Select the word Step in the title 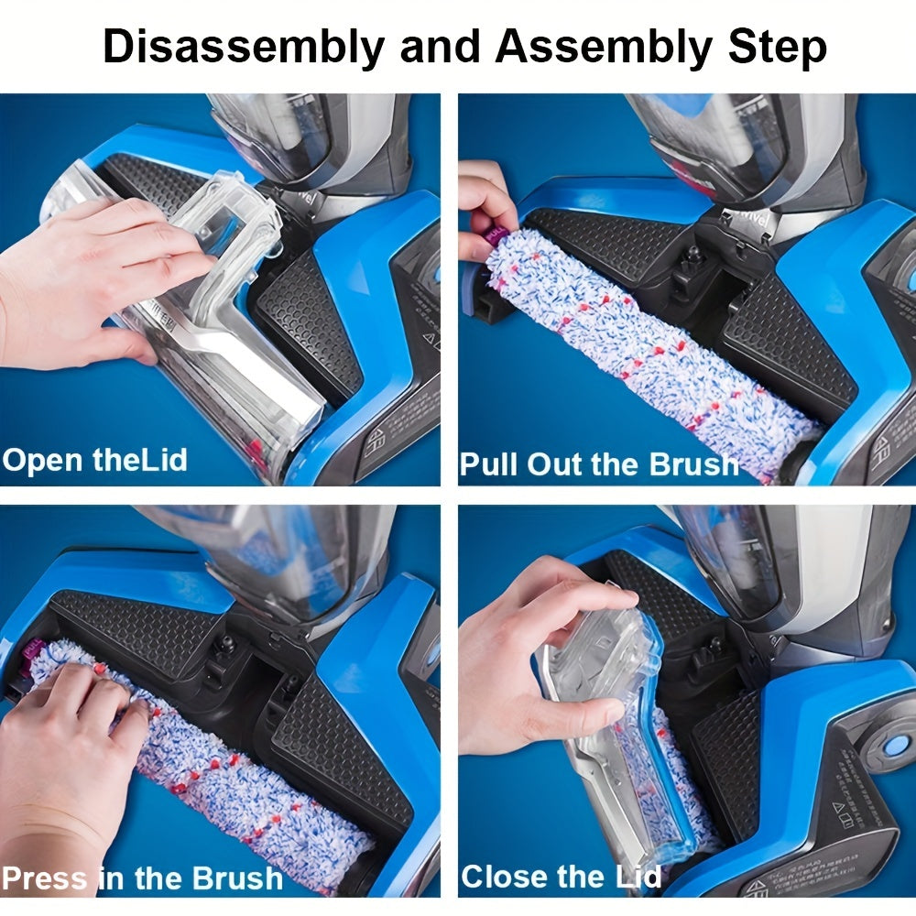[777, 48]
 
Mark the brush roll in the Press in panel [229, 779]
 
